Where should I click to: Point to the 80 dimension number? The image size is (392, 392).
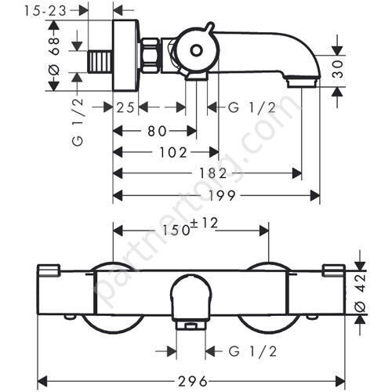pos(157,130)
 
